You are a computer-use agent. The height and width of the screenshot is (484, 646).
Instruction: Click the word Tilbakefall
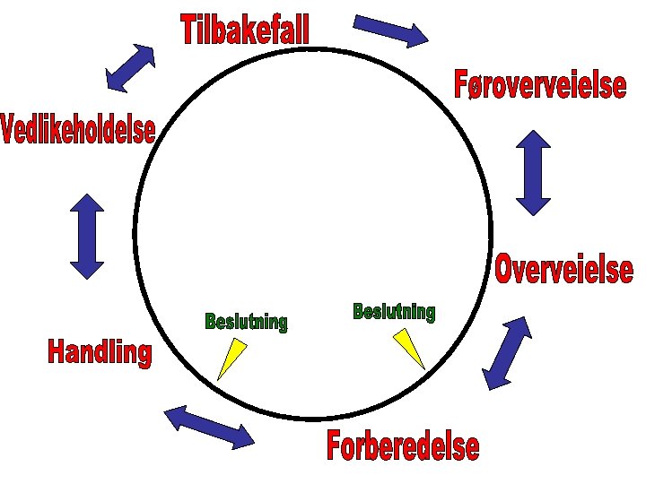click(x=245, y=30)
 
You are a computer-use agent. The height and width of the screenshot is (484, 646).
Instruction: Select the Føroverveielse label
click(x=540, y=86)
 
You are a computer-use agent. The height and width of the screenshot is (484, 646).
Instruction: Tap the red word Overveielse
click(x=563, y=269)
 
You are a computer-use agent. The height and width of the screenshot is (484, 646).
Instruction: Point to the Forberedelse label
click(x=403, y=445)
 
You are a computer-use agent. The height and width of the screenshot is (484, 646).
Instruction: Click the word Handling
click(x=100, y=351)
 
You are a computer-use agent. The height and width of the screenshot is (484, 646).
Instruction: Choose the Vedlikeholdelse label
click(x=78, y=130)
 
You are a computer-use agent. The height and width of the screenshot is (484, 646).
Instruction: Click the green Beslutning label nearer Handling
click(x=246, y=321)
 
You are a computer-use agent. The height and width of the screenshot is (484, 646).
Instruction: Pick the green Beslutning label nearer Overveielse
click(x=394, y=312)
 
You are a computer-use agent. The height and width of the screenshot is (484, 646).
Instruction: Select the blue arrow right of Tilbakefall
click(x=391, y=30)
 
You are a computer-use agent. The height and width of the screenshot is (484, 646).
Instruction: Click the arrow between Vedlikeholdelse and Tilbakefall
click(x=130, y=67)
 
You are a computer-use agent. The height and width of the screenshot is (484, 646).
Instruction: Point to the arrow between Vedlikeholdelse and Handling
click(x=87, y=237)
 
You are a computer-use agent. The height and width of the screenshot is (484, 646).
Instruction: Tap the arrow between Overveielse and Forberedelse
click(x=507, y=352)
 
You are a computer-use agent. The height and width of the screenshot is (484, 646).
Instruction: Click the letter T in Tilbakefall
click(x=190, y=30)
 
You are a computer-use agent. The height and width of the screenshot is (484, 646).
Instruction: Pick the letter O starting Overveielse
click(x=506, y=269)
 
